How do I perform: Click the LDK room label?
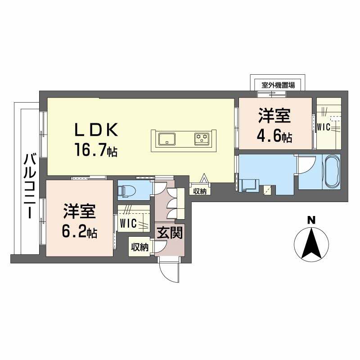click(x=96, y=130)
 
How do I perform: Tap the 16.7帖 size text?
click(x=96, y=149)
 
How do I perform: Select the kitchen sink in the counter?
click(x=166, y=139)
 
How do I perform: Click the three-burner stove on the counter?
click(x=202, y=139)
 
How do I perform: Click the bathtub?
click(x=332, y=171)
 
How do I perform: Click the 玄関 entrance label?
click(x=170, y=233)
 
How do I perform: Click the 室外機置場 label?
click(x=278, y=85)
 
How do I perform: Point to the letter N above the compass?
click(x=311, y=220)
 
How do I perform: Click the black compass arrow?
click(x=311, y=243)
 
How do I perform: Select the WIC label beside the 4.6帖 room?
click(x=324, y=127)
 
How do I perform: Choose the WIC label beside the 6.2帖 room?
click(x=128, y=223)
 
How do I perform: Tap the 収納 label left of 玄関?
click(x=140, y=247)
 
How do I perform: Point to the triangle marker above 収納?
click(x=203, y=178)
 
